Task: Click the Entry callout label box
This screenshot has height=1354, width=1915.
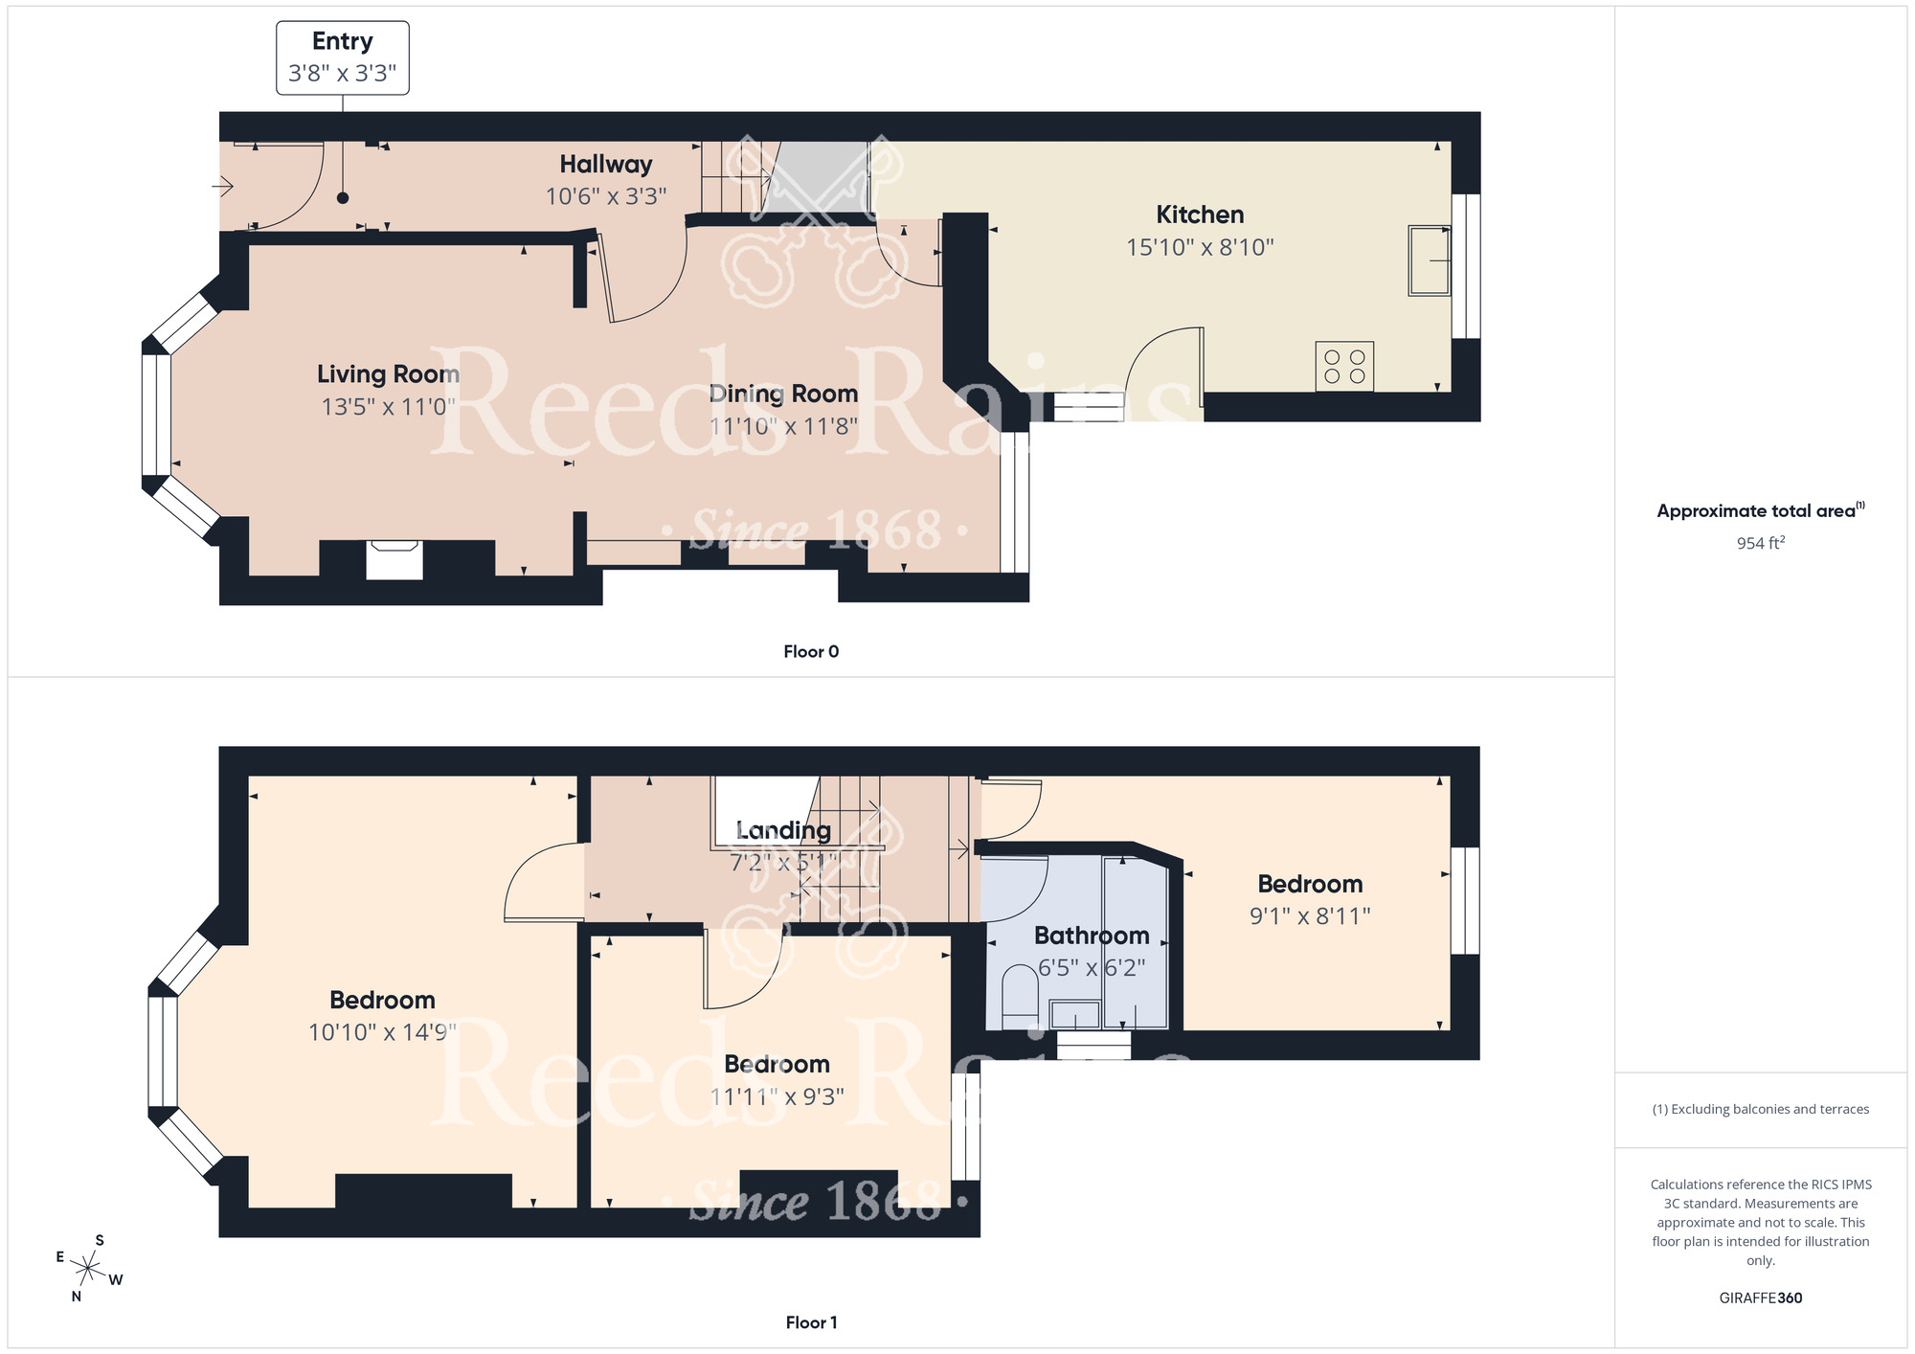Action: tap(343, 57)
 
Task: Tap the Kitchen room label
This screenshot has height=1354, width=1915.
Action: tap(1200, 214)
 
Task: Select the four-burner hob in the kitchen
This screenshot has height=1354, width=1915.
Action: tap(1344, 367)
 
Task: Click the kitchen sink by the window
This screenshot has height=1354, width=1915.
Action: tap(1429, 260)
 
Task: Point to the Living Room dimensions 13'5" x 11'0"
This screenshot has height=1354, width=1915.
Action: tap(388, 407)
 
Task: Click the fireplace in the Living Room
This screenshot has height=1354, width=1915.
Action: tap(394, 559)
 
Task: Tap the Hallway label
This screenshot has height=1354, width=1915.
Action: tap(606, 165)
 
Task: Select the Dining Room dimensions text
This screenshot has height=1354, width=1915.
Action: tap(783, 426)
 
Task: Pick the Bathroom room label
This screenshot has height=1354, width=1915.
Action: tap(1092, 936)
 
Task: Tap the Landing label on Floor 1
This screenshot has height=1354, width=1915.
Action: tap(783, 830)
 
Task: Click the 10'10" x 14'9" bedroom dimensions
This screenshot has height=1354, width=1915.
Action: tap(382, 1032)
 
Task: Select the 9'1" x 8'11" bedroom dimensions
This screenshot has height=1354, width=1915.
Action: tap(1310, 916)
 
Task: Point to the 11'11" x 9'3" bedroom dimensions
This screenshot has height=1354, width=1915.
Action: tap(777, 1096)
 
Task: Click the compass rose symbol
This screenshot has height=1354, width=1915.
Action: tap(88, 1270)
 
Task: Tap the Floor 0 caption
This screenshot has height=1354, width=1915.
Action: tap(811, 652)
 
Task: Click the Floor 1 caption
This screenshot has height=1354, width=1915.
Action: tap(811, 1322)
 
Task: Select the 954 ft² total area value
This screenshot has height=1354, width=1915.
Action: tap(1760, 543)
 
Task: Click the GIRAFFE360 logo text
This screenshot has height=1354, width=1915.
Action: tap(1760, 1298)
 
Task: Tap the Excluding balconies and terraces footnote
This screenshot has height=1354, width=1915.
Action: tap(1760, 1109)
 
